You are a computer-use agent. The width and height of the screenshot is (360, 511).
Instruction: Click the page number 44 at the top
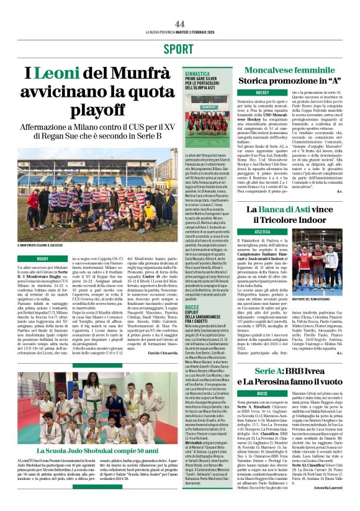tap(180, 23)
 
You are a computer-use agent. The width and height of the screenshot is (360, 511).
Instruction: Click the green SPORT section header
tap(179, 49)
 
